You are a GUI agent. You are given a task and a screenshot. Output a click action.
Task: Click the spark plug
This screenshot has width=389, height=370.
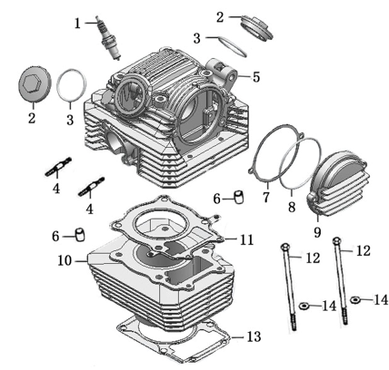pyautogui.click(x=109, y=38)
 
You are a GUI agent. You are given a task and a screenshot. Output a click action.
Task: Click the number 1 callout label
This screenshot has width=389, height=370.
pyautogui.click(x=78, y=24)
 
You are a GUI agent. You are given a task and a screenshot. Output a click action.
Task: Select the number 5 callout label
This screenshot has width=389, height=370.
pyautogui.click(x=256, y=77)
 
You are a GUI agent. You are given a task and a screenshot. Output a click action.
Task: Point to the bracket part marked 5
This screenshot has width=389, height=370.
pyautogui.click(x=223, y=73)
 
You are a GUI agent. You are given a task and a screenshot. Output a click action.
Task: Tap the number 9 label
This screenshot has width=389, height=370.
pyautogui.click(x=317, y=232)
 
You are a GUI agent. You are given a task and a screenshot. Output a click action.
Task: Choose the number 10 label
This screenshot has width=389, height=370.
pyautogui.click(x=65, y=260)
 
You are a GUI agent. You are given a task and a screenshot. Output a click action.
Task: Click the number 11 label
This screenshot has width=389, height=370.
pyautogui.click(x=246, y=239)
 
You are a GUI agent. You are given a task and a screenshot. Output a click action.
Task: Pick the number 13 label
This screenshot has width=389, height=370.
pyautogui.click(x=254, y=336)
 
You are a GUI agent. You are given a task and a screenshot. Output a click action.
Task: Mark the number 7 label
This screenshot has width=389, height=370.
pyautogui.click(x=266, y=198)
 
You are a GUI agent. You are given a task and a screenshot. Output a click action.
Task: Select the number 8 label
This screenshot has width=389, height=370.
pyautogui.click(x=292, y=208)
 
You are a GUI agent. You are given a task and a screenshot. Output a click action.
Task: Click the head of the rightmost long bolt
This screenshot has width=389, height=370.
pyautogui.click(x=336, y=241)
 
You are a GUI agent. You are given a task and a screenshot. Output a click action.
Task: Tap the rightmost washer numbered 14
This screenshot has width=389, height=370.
pyautogui.click(x=355, y=300)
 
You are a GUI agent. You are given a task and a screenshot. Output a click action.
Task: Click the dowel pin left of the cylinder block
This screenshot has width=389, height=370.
pyautogui.click(x=80, y=235)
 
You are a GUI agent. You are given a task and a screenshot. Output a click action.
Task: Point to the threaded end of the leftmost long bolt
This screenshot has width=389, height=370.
pyautogui.click(x=294, y=323)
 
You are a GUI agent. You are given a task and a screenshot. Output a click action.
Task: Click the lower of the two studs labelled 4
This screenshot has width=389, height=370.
pyautogui.click(x=91, y=186)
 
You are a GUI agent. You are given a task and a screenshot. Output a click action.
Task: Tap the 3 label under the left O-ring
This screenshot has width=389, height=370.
pyautogui.click(x=70, y=120)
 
